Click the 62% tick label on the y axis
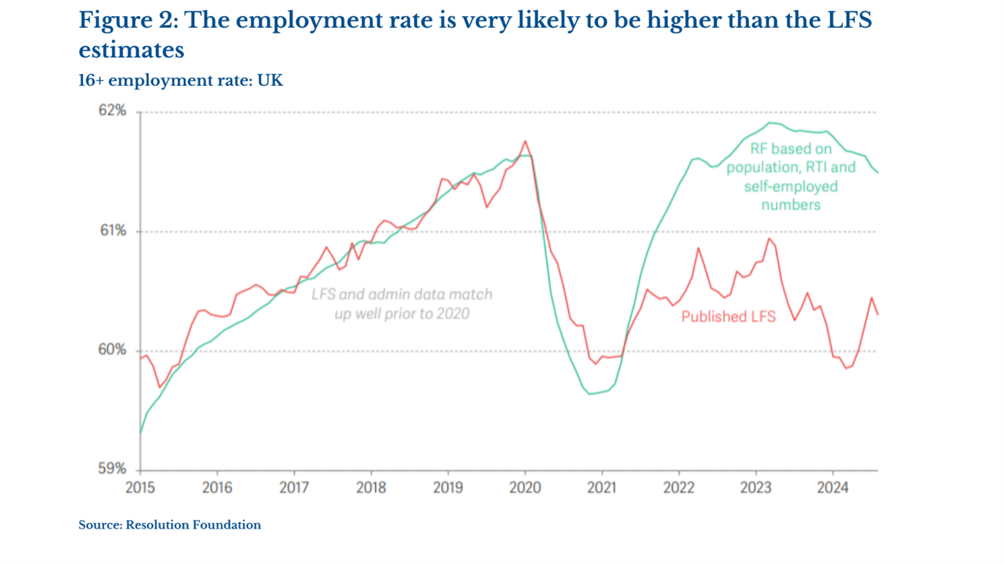click(113, 111)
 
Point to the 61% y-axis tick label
click(113, 231)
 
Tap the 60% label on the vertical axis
click(113, 350)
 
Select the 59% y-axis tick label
click(113, 469)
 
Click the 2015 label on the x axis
click(140, 487)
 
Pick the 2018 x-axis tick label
click(371, 487)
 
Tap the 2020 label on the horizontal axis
click(525, 487)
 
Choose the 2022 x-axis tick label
click(678, 487)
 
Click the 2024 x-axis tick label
click(833, 487)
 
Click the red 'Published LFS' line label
click(728, 316)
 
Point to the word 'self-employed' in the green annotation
click(790, 186)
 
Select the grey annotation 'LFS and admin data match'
click(402, 295)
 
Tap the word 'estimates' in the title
click(131, 50)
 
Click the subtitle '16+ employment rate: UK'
click(181, 81)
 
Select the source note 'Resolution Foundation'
click(193, 525)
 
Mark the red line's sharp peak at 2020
click(525, 141)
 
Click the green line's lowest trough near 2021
click(591, 394)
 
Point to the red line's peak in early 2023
click(769, 238)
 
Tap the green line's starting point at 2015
click(141, 432)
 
